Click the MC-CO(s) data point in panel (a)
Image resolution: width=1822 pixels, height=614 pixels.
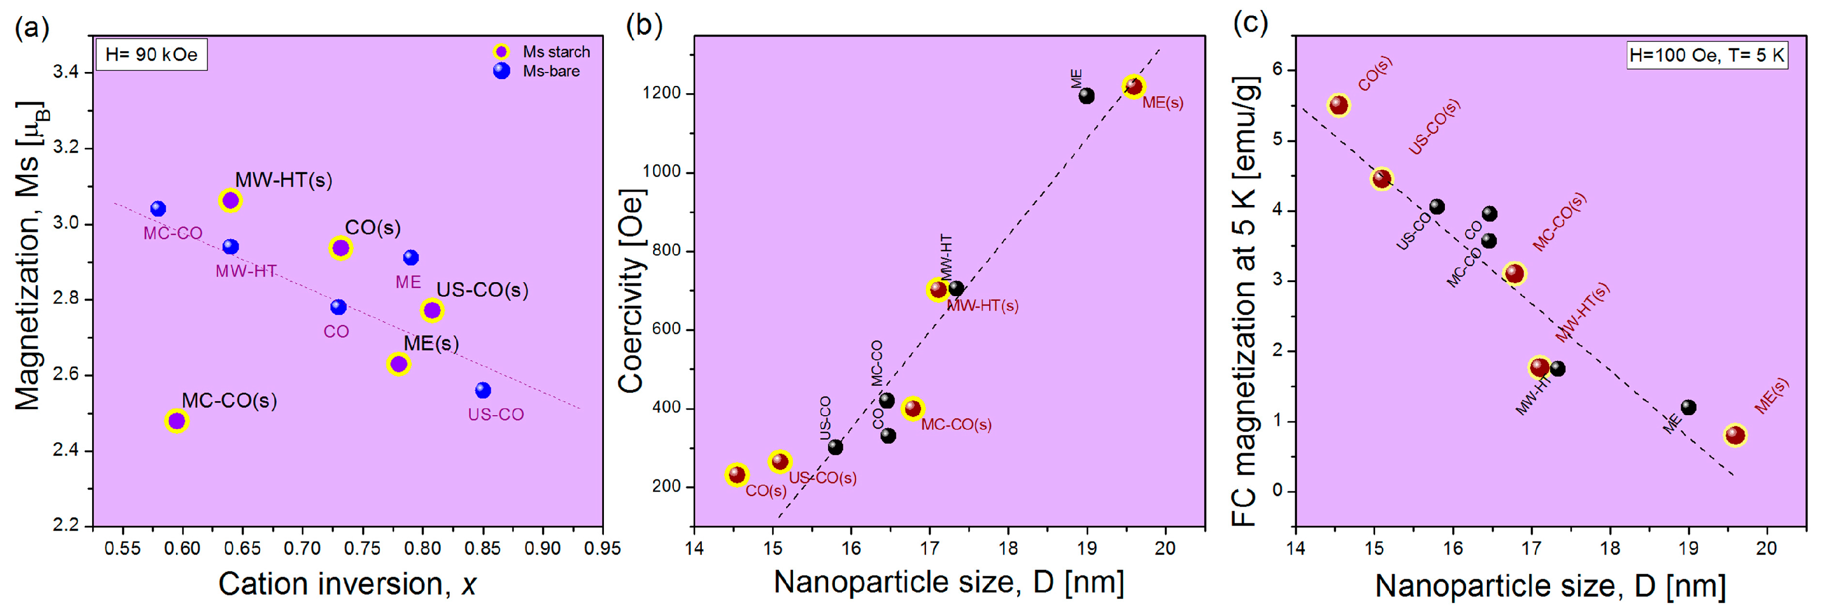(176, 421)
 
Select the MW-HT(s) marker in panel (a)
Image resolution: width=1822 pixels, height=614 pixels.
(230, 201)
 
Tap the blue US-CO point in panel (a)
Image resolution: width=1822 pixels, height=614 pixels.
(483, 390)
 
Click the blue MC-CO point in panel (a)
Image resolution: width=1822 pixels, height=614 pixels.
(158, 209)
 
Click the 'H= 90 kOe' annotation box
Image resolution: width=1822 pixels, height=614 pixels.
(151, 54)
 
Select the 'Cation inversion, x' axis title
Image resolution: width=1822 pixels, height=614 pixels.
(346, 584)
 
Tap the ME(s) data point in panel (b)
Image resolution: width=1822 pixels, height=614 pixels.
(1134, 86)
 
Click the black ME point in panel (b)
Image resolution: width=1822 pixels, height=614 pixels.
(1087, 95)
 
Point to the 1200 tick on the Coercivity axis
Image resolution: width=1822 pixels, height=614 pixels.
(661, 93)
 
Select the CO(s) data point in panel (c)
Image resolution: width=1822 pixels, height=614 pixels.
(1339, 106)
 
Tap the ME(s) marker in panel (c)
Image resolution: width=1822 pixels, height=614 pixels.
(1735, 435)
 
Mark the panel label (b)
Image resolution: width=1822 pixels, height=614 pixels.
(644, 26)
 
